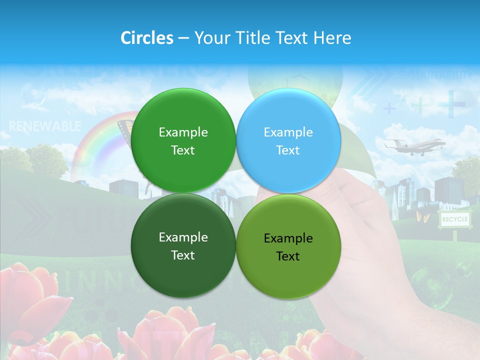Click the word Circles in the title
click(147, 38)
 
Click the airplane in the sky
click(414, 145)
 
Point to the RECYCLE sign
click(454, 219)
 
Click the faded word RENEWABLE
click(44, 126)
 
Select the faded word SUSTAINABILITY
click(434, 75)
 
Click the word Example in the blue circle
click(288, 132)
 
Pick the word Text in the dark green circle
click(183, 255)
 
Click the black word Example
click(288, 238)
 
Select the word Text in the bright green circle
click(183, 150)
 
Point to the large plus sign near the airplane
click(451, 104)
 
